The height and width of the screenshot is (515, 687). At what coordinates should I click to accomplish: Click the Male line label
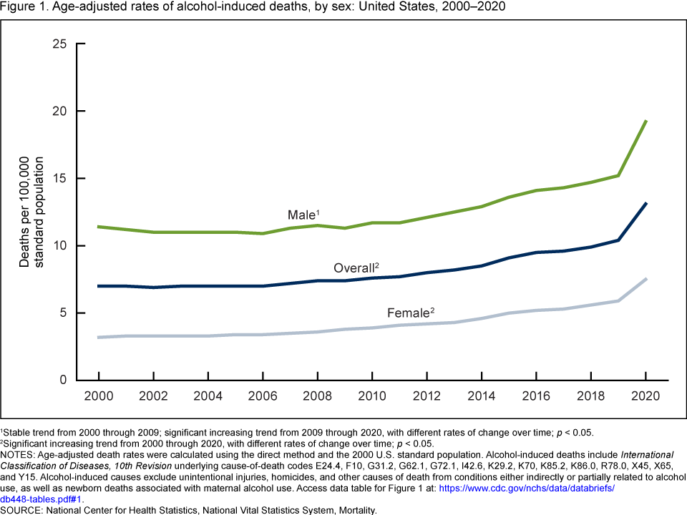303,215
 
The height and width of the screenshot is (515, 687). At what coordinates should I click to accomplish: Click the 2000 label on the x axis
98,396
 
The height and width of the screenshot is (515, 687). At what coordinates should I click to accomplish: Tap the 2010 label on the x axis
372,396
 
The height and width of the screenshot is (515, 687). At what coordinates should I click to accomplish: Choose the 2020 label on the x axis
645,396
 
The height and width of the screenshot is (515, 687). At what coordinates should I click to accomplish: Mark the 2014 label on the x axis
482,396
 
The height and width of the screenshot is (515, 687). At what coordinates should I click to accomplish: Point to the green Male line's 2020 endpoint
645,122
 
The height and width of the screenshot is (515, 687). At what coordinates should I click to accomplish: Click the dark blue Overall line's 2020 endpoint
645,204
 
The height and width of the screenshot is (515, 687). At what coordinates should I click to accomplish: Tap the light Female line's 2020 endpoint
645,279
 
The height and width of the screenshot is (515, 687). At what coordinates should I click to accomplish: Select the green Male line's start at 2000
98,227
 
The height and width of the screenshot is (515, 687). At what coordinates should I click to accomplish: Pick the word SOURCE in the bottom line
22,511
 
